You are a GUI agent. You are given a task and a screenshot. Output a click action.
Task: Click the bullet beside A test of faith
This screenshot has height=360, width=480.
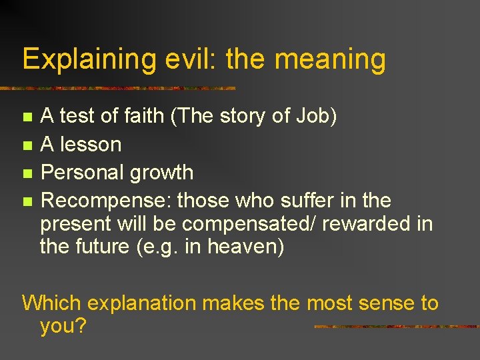point(27,117)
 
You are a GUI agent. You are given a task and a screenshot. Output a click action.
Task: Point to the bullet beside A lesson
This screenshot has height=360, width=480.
point(27,145)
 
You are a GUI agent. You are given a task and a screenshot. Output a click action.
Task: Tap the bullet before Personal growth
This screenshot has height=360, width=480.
point(27,173)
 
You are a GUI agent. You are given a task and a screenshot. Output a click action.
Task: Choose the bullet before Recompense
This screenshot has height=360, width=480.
point(27,201)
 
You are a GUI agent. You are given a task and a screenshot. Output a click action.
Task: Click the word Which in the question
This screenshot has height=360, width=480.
point(51,303)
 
